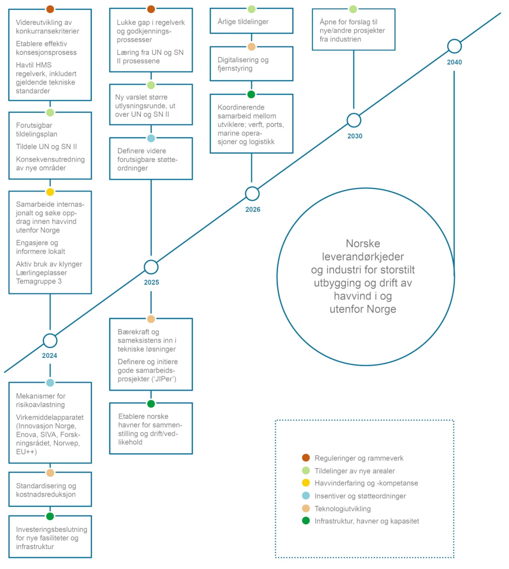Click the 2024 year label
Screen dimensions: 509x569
click(50, 355)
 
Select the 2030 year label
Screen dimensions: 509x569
click(355, 136)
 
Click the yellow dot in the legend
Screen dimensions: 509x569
click(306, 483)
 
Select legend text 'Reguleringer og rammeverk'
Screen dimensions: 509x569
click(359, 458)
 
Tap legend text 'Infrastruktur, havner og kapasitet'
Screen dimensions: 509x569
click(366, 521)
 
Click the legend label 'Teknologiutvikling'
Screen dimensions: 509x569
click(342, 508)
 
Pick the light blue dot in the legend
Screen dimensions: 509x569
click(306, 496)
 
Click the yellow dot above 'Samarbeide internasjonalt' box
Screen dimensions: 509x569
click(50, 192)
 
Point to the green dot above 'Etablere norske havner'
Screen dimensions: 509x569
click(151, 404)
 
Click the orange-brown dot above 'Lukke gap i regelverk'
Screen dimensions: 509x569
click(151, 9)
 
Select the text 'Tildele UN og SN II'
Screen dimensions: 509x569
click(47, 147)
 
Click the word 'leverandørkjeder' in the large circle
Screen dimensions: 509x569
click(362, 256)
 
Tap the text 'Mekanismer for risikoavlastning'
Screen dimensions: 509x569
click(41, 400)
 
